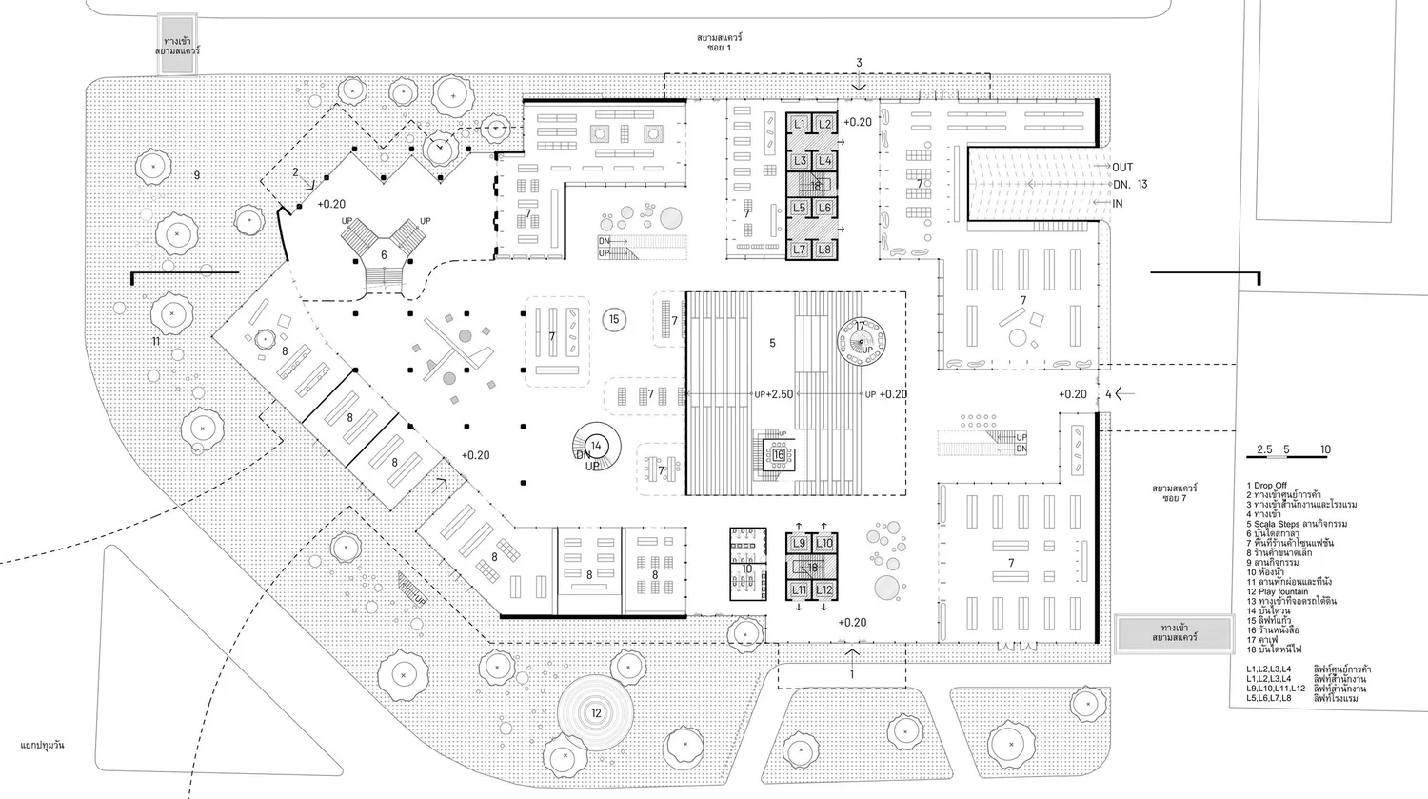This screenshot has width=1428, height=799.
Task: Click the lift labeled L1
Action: (800, 125)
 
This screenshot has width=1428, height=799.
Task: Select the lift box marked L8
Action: (824, 250)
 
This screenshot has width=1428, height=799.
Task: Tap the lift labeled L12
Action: (824, 590)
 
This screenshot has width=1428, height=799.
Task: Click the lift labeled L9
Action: (800, 544)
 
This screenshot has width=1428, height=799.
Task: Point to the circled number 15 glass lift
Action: (614, 319)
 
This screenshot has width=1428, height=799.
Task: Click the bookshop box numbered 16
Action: (778, 455)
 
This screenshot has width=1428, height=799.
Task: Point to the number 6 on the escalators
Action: (385, 254)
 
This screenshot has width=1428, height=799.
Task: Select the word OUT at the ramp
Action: (1122, 168)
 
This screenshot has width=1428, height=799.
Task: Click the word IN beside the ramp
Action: (1118, 203)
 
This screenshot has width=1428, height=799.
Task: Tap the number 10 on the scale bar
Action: (1325, 449)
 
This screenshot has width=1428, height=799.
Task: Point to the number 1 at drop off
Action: (852, 674)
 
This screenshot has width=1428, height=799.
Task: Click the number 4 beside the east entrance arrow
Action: (1108, 394)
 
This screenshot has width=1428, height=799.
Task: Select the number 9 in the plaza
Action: (197, 174)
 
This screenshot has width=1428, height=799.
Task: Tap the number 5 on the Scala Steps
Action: (772, 343)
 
